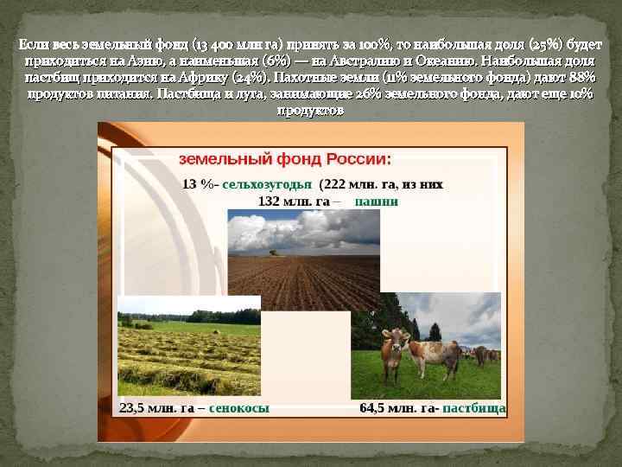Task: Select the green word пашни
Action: (377, 202)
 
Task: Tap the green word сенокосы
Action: (239, 407)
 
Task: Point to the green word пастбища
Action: (473, 407)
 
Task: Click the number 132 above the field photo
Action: (269, 202)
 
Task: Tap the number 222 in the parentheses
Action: (336, 184)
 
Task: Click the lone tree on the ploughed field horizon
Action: (274, 252)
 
